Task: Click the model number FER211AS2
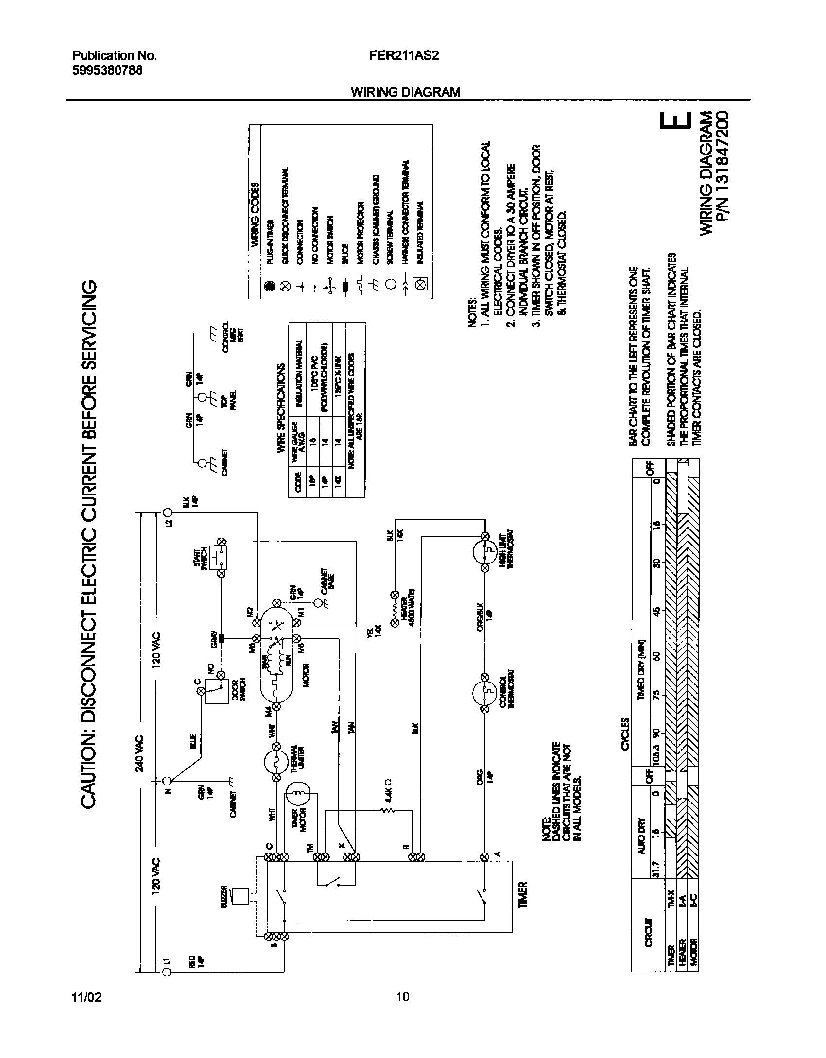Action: (404, 56)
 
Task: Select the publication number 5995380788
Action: (107, 70)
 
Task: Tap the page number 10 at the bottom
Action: (403, 997)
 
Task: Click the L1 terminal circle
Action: (166, 971)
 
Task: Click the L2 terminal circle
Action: (168, 512)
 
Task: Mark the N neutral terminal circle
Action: (167, 781)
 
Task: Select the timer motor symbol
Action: (297, 794)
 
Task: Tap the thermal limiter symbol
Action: (277, 762)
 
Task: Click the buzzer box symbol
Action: (239, 896)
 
